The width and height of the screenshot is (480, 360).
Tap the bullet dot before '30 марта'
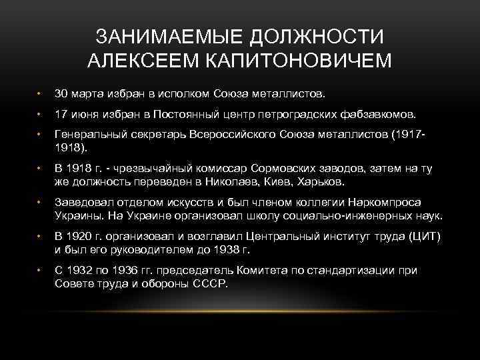(41, 92)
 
